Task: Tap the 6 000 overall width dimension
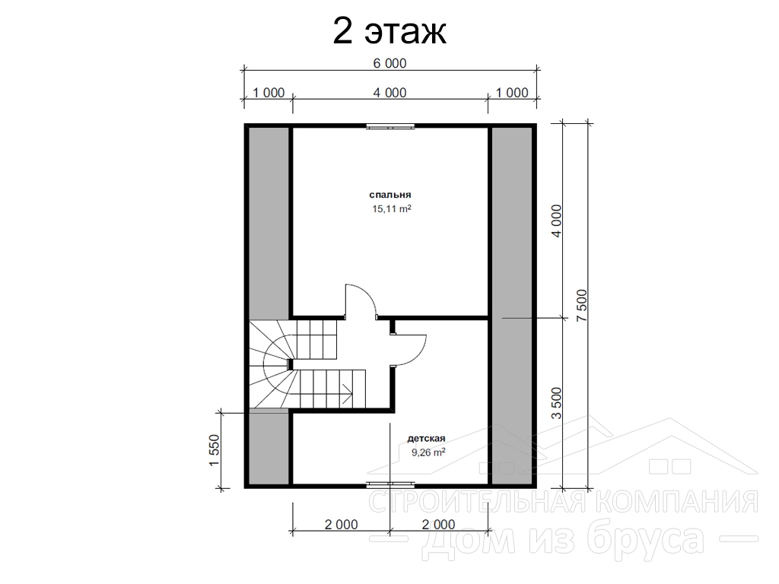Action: click(x=389, y=64)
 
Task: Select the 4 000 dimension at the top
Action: click(x=389, y=93)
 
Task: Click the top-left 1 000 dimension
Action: click(x=269, y=93)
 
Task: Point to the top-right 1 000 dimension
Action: click(x=512, y=93)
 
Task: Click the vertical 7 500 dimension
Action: click(x=582, y=305)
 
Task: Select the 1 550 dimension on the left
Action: click(x=214, y=450)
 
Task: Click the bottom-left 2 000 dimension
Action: click(x=342, y=525)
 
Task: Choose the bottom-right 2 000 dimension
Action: click(x=439, y=525)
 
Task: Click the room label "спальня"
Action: click(x=390, y=195)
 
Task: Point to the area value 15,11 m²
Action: click(x=392, y=209)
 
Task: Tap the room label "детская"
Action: click(x=426, y=439)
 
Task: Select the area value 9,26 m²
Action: click(x=428, y=452)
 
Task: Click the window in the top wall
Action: click(x=390, y=126)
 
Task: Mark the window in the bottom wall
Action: click(x=390, y=484)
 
